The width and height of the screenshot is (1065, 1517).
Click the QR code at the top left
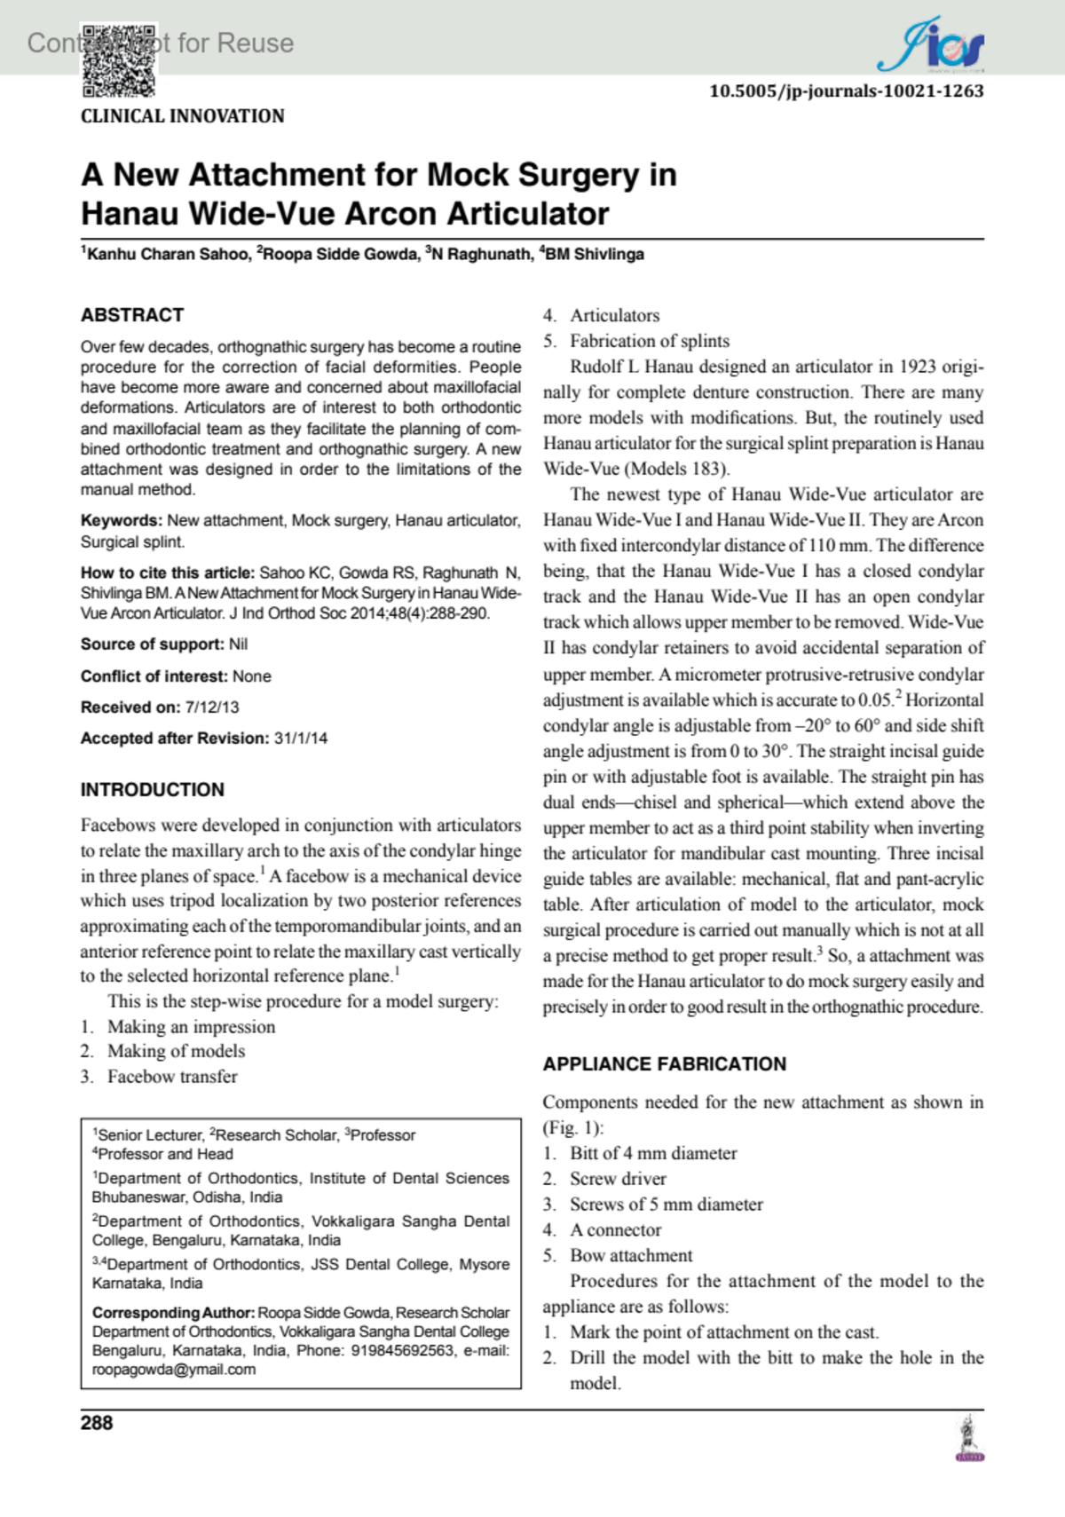(x=120, y=59)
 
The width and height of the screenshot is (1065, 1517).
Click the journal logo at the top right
(x=931, y=45)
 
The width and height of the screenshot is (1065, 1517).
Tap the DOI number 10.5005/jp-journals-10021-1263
(x=846, y=91)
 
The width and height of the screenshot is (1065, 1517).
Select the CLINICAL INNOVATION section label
(x=183, y=116)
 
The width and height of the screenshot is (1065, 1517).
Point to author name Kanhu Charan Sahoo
(x=168, y=255)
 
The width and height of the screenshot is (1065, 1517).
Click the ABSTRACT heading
(x=132, y=315)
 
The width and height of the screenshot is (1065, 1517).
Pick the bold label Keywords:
(x=122, y=521)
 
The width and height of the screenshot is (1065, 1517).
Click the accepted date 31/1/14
(x=300, y=739)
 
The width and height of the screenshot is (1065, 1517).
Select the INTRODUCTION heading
(x=153, y=790)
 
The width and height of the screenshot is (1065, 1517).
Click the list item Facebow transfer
(x=172, y=1077)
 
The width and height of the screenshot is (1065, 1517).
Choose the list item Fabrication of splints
(x=650, y=341)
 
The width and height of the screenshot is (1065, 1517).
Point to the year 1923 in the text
(x=917, y=367)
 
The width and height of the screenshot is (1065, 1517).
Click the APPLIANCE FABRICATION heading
(x=665, y=1064)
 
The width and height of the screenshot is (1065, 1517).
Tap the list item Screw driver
(x=618, y=1179)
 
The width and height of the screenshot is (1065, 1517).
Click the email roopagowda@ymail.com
(x=174, y=1370)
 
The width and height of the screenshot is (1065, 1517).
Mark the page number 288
(x=97, y=1423)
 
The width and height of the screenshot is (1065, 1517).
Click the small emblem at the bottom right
(x=969, y=1439)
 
